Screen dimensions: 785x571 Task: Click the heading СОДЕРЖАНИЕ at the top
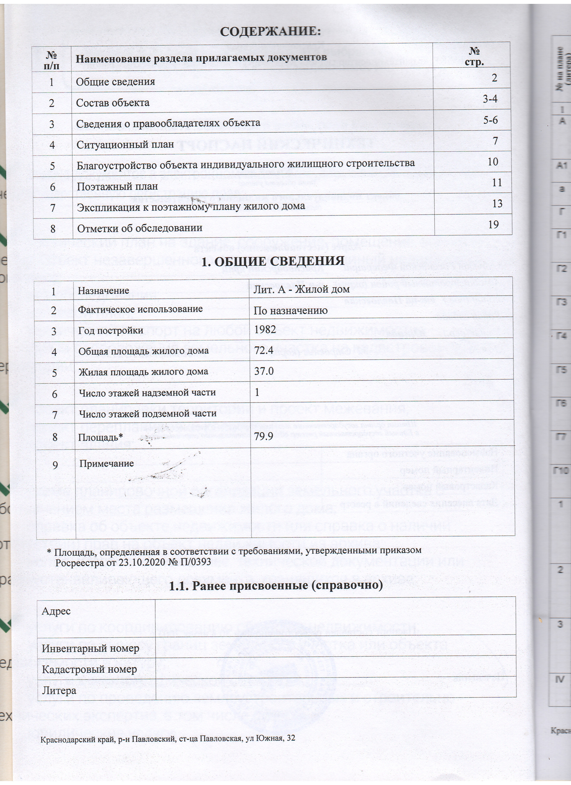271,32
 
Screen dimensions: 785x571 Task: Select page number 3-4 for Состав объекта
490,99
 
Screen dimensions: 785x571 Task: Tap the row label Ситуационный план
125,144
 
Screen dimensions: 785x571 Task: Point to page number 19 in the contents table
493,224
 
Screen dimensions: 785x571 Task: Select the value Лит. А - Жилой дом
301,289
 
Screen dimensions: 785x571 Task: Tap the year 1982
265,329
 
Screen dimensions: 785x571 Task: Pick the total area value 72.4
263,350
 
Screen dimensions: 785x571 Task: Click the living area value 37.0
263,371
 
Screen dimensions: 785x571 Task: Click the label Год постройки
110,330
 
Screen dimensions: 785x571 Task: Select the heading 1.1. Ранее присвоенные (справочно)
276,585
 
